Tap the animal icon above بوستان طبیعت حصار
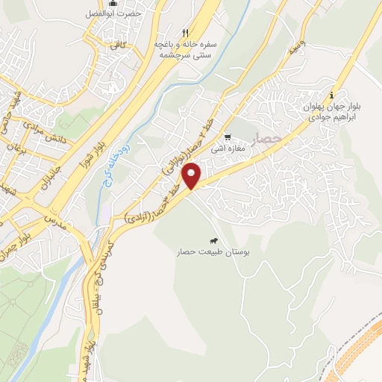click(x=214, y=241)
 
